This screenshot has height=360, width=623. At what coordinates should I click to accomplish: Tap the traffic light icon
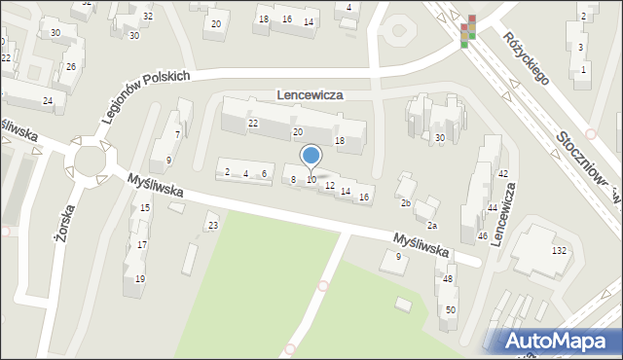(469, 31)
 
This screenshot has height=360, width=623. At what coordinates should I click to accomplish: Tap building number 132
(559, 251)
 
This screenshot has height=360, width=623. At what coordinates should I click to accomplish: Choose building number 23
(213, 227)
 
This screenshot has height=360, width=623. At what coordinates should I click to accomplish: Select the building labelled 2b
(406, 202)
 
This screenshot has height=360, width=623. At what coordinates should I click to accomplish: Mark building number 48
(448, 279)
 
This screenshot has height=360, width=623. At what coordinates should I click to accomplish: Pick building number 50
(450, 309)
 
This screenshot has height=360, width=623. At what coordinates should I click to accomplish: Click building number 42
(502, 174)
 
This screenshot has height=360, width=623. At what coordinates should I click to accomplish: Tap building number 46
(482, 236)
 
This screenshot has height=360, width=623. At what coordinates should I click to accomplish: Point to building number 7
(176, 133)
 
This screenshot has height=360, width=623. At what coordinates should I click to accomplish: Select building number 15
(145, 208)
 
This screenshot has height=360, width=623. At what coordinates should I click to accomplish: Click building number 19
(140, 278)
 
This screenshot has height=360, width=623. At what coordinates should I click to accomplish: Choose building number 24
(47, 101)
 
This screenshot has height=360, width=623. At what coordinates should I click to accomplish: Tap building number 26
(70, 67)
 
